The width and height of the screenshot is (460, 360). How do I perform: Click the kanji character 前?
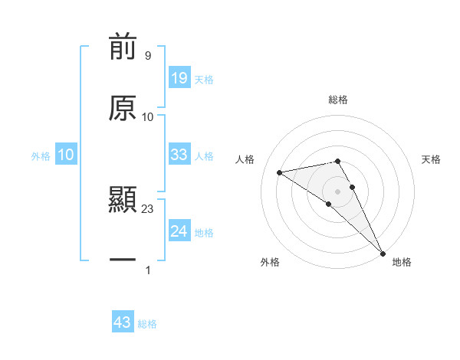tap(123, 47)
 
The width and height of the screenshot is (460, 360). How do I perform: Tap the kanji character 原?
tap(123, 108)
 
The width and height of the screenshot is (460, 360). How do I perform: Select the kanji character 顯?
tap(123, 201)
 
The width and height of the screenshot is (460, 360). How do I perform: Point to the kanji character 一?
tap(123, 261)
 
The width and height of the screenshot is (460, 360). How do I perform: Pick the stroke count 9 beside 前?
tap(148, 55)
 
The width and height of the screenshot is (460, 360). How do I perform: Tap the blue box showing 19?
tap(179, 78)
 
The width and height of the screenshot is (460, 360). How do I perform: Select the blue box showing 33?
tap(179, 155)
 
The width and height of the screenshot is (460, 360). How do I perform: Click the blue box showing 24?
tap(179, 231)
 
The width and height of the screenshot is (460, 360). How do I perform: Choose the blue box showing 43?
tap(123, 322)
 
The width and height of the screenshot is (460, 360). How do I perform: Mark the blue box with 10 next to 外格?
tap(65, 155)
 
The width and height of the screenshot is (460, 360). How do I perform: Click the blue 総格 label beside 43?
tap(147, 324)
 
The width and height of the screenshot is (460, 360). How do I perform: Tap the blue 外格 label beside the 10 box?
tap(41, 156)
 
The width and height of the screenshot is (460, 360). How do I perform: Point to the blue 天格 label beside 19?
tap(204, 80)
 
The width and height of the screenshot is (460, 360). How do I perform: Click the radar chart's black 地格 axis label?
tap(402, 262)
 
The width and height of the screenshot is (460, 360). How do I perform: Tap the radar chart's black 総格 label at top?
tap(338, 100)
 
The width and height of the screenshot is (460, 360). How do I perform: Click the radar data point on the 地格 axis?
tap(383, 253)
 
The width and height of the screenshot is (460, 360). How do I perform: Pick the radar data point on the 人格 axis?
tap(280, 172)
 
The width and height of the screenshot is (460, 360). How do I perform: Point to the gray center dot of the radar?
tap(338, 191)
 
